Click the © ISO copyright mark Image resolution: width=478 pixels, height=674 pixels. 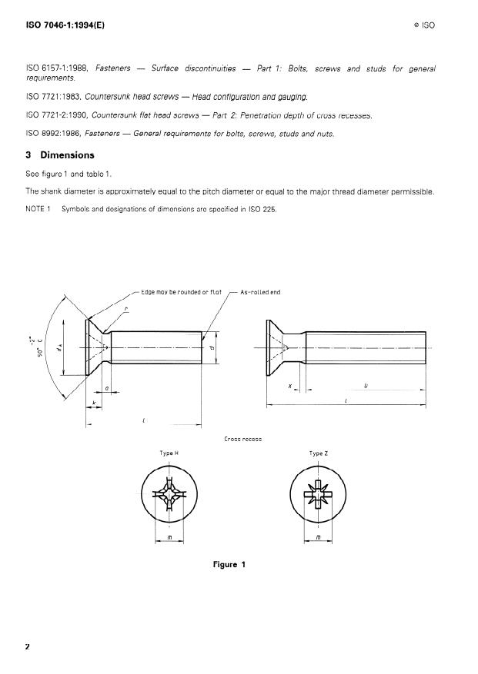423,25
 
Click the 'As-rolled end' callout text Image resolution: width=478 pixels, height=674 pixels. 261,292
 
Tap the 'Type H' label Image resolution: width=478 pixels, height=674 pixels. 169,453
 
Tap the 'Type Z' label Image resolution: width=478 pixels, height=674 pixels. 319,453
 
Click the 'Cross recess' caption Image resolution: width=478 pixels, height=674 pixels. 243,439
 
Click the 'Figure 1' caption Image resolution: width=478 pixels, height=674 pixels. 229,565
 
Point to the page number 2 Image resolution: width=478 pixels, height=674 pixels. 28,646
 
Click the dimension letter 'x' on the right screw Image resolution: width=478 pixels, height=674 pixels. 290,385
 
